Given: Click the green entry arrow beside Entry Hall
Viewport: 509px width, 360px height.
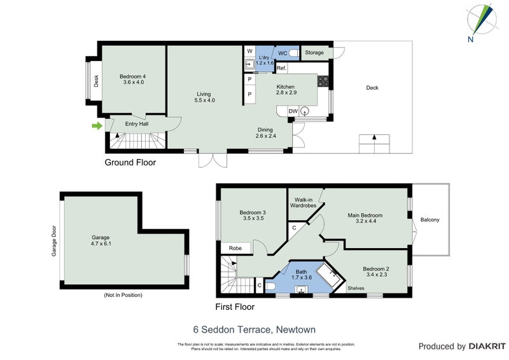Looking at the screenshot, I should pos(97,126).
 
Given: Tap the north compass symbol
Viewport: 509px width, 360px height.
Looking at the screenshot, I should pos(482,20).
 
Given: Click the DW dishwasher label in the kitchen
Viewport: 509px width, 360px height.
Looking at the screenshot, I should pos(293,111).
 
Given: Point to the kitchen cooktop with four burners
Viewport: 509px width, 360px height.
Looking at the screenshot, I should pos(323,81).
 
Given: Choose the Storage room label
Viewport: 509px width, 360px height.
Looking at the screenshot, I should pos(314,53).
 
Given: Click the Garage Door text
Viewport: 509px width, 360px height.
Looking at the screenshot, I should pos(54,241).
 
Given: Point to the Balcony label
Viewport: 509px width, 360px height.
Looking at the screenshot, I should pos(430,220).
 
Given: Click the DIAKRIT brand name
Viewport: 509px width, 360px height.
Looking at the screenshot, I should pos(485,347).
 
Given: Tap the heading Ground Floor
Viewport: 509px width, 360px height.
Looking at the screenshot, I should pos(130,163).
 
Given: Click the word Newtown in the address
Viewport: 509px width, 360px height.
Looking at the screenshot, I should pos(296,329).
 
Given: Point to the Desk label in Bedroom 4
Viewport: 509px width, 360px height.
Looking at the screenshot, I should pos(97,81).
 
